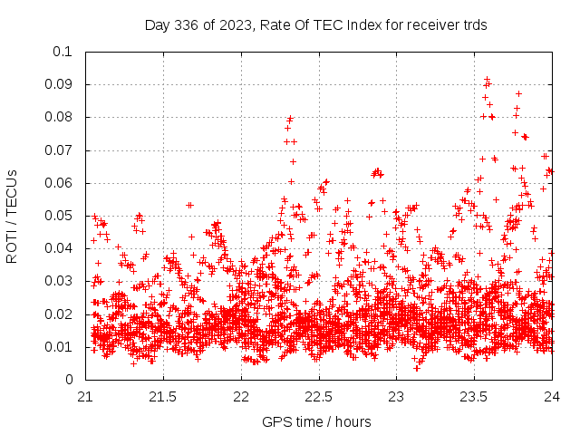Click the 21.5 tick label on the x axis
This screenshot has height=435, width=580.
coord(163,396)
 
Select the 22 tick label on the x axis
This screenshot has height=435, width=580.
coord(241,396)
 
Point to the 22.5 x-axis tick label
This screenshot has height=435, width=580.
coord(319,396)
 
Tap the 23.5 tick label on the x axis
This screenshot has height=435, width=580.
coord(474,396)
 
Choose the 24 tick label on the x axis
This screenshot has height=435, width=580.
coord(552,396)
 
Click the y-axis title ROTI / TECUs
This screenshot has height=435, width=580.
coord(13,216)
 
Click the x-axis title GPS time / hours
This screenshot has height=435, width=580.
coord(318,421)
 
